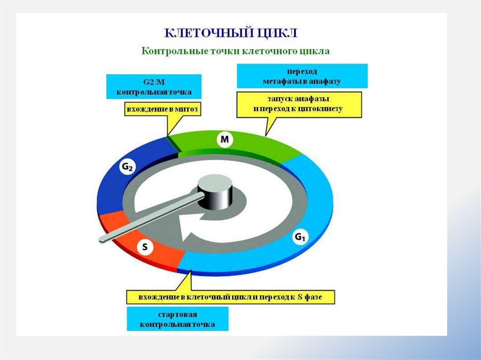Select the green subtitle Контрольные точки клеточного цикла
(x=236, y=51)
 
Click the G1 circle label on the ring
(x=300, y=237)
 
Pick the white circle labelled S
(x=145, y=247)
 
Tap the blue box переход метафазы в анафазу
(x=302, y=77)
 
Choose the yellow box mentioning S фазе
(x=230, y=297)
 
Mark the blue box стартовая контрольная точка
(x=178, y=319)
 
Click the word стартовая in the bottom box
(x=178, y=314)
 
